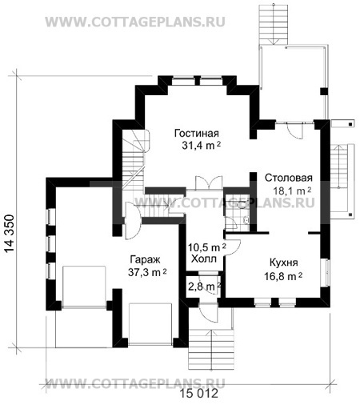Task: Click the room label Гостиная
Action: pos(197,133)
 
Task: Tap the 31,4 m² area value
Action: pos(202,146)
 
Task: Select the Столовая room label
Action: pos(288,178)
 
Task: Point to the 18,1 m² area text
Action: pos(292,191)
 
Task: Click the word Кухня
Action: pos(284,263)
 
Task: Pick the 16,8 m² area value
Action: pos(283,276)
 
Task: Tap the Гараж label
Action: pos(145,259)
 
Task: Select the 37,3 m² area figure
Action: pos(147,272)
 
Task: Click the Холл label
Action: pos(204,259)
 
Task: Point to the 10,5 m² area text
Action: pos(207,247)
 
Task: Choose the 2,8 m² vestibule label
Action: pos(205,287)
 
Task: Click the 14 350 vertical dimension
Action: pos(10,233)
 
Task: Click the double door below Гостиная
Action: pos(209,183)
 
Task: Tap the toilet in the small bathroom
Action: pos(242,205)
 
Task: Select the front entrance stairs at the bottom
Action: pos(211,350)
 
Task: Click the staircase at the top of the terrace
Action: pos(274,22)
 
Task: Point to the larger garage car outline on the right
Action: pos(150,324)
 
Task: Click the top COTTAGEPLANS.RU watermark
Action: pos(135,22)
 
